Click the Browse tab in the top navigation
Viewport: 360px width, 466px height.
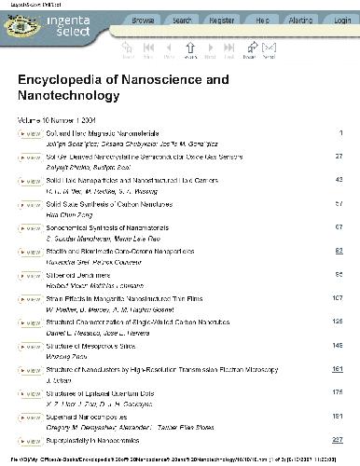pos(144,19)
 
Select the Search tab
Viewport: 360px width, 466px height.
pos(183,19)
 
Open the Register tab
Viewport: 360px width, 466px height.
pos(222,19)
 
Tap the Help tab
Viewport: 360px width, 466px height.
pos(262,19)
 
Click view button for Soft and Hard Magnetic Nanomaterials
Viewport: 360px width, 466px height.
pos(29,134)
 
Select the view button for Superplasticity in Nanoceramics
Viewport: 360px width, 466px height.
pos(29,439)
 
